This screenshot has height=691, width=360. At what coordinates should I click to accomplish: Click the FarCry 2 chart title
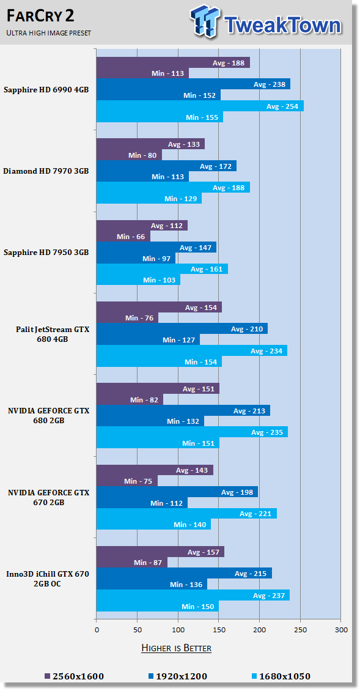click(x=40, y=17)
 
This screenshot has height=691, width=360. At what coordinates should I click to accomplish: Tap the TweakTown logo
click(x=266, y=23)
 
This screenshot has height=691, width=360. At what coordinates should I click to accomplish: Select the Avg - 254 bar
click(x=200, y=106)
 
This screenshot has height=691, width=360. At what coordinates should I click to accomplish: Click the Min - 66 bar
click(x=123, y=237)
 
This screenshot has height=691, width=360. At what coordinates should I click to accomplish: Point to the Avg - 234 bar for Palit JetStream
click(x=192, y=351)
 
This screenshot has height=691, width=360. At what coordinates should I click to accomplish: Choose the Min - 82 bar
click(x=130, y=400)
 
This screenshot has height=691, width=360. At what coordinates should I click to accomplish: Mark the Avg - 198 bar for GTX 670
click(x=177, y=492)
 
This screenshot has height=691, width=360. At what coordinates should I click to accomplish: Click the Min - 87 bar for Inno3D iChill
click(x=132, y=563)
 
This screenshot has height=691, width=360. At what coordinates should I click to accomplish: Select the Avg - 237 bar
click(x=193, y=596)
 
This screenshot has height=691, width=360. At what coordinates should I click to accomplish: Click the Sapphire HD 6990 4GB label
click(x=46, y=89)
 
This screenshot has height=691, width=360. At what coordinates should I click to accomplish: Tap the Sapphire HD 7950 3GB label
click(x=46, y=253)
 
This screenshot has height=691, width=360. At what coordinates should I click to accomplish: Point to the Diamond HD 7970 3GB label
click(x=46, y=171)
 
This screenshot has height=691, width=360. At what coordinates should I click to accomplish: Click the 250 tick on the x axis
click(x=300, y=630)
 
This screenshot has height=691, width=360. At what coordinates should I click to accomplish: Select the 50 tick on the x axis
click(x=137, y=630)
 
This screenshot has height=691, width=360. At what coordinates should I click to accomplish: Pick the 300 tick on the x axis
click(x=341, y=630)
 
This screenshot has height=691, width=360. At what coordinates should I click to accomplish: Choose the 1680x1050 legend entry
click(x=281, y=676)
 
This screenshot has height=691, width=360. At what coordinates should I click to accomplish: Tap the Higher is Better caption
click(x=176, y=648)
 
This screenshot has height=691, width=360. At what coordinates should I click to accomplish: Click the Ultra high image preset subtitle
click(x=49, y=32)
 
